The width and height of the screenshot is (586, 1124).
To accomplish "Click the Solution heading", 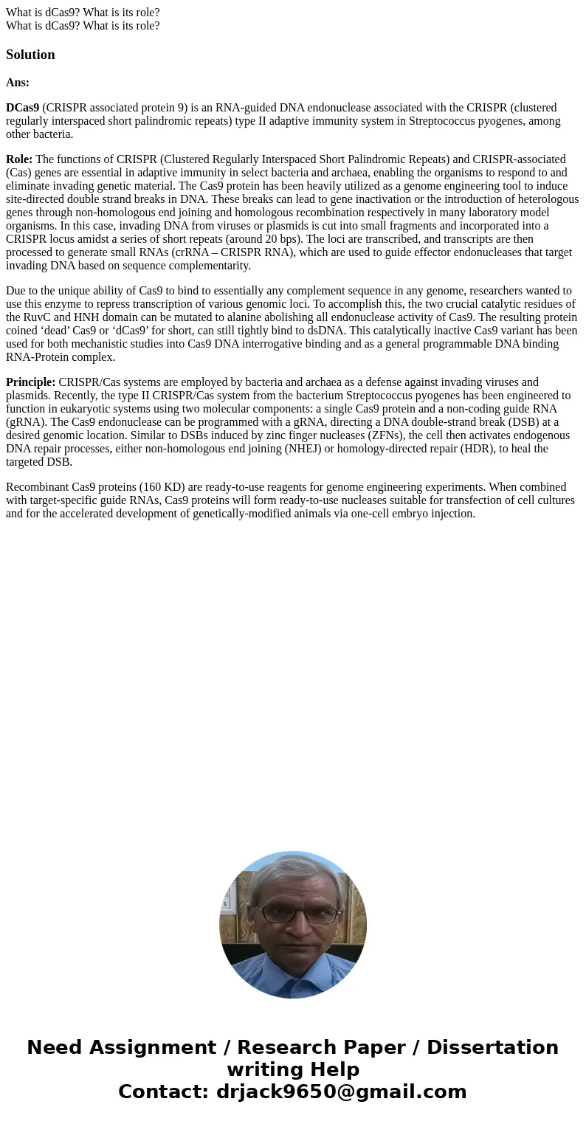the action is click(30, 55).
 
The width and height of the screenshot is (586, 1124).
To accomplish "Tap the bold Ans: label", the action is click(18, 83).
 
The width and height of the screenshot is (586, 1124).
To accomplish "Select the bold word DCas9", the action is click(22, 108).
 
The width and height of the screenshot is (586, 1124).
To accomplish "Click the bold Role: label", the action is click(19, 159).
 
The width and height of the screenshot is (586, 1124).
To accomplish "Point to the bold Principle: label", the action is click(30, 382).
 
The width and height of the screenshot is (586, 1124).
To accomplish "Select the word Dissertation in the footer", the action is click(492, 1048).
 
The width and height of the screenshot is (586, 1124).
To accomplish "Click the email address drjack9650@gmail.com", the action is click(341, 1092).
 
